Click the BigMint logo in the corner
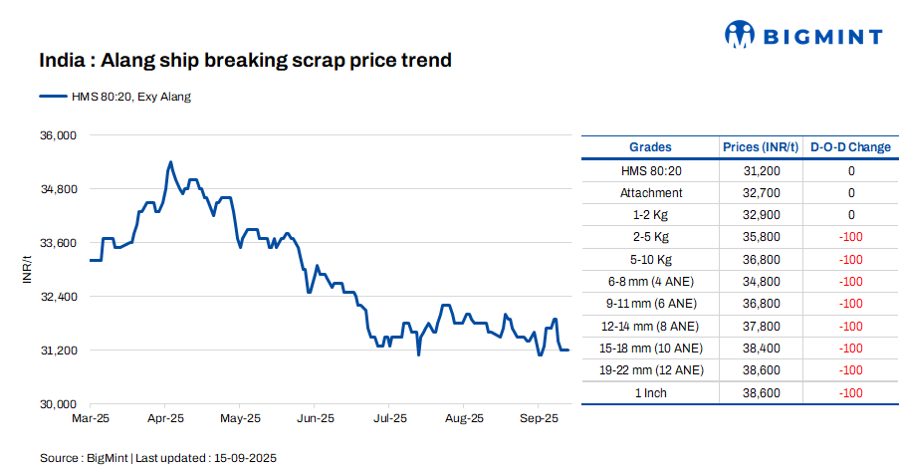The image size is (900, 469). tap(802, 36)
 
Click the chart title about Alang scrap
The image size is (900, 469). tap(246, 61)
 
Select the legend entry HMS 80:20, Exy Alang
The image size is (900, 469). tap(115, 97)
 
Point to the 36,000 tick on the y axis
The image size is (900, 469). tap(57, 134)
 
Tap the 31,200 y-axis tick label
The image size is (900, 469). tap(57, 351)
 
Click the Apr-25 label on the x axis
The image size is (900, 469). tap(165, 419)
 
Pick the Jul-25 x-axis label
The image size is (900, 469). tap(388, 419)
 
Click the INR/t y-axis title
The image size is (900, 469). tap(28, 269)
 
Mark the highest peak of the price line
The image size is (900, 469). tap(170, 161)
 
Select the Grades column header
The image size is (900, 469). tap(650, 147)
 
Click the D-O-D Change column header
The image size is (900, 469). tap(850, 147)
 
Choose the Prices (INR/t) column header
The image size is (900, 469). tap(761, 147)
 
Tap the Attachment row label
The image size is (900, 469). tap(651, 193)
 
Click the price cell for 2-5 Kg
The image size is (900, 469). tap(761, 237)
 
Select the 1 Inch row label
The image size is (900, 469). tap(651, 393)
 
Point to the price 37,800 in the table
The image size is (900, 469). tap(761, 327)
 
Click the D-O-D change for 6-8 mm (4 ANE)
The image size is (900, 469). tap(850, 282)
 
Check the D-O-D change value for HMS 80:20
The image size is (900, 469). tap(851, 171)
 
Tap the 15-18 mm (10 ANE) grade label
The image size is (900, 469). tap(651, 349)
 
